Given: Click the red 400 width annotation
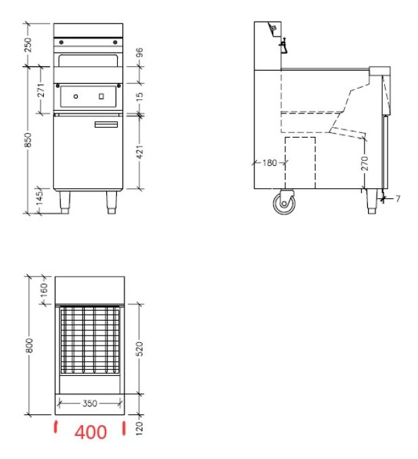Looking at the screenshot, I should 90,432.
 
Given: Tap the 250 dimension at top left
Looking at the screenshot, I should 28,45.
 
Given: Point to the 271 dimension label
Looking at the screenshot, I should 41,90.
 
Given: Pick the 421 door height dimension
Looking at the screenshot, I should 140,153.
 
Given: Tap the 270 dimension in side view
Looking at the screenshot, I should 365,163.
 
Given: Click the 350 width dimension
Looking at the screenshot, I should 89,403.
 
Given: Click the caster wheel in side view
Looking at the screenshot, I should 284,202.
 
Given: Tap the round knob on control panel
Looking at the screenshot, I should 76,97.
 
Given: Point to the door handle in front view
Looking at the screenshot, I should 106,124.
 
